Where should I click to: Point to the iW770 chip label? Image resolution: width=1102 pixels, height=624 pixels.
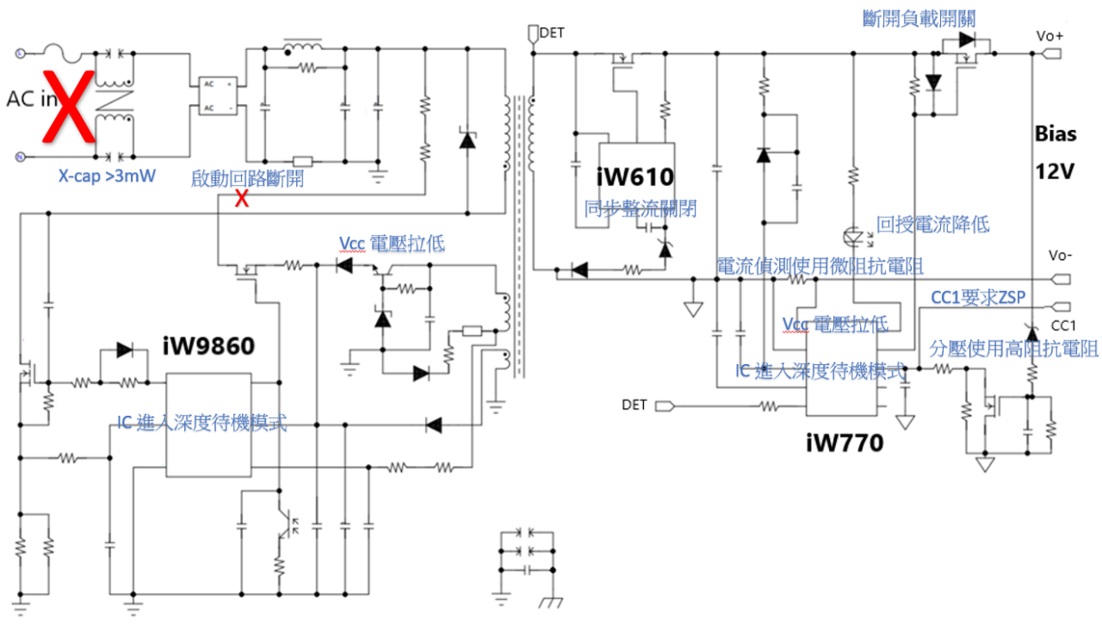845,443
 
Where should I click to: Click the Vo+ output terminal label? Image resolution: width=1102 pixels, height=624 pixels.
1050,36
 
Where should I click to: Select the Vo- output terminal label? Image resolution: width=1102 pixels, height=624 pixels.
1061,256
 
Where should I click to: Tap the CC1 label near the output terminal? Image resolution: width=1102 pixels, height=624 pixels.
1064,325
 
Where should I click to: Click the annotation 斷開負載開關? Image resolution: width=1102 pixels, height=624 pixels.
919,17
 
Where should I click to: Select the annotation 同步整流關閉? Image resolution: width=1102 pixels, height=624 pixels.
641,207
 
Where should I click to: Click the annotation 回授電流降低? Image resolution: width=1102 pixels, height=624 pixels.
933,225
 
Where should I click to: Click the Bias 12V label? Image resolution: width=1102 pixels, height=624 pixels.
1055,152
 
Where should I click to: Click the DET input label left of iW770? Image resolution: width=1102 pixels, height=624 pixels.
635,405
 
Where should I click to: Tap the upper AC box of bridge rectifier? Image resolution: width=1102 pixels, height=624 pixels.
210,83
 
